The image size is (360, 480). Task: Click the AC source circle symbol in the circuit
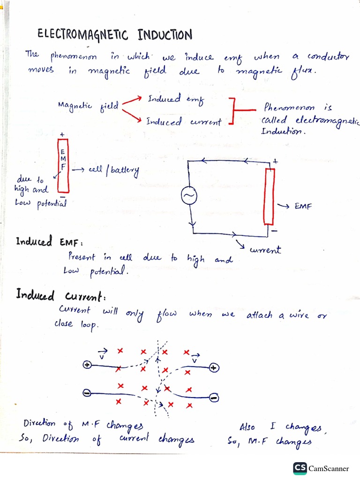[189, 196]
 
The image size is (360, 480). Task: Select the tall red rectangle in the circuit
[270, 196]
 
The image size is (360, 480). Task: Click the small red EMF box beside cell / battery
[63, 166]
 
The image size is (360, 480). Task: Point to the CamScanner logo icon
[300, 468]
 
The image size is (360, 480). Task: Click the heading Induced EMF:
[49, 242]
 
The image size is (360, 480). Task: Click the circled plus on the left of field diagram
[87, 365]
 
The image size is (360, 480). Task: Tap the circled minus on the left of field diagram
[87, 392]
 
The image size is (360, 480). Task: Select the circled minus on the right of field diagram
[213, 398]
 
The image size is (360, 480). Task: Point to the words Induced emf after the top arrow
[173, 99]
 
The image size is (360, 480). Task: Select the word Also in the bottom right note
[247, 427]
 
